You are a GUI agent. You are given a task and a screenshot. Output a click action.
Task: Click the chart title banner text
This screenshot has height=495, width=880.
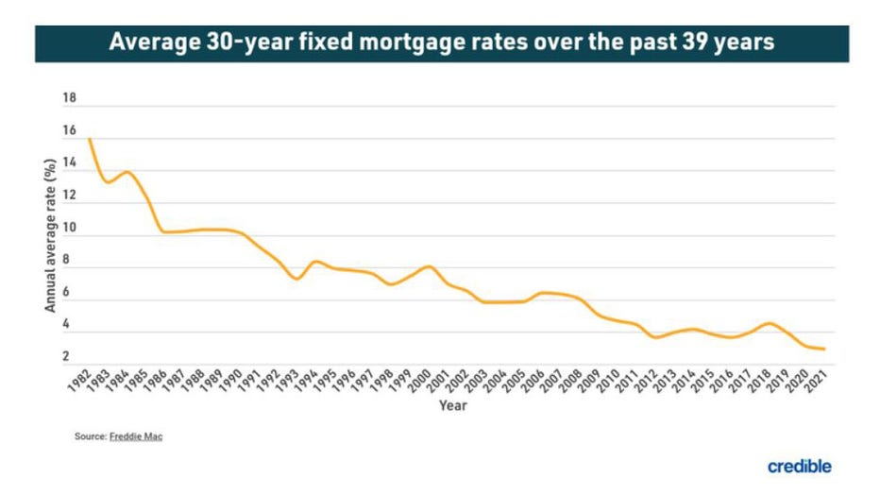(x=441, y=43)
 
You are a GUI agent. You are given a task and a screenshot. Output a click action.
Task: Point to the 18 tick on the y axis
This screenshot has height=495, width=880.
(x=69, y=98)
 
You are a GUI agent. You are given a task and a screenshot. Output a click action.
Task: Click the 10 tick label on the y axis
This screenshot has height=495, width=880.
(x=69, y=228)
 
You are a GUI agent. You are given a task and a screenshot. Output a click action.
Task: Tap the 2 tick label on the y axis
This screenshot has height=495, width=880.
(x=66, y=356)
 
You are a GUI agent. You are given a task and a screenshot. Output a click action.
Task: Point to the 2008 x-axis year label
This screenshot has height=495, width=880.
(x=570, y=377)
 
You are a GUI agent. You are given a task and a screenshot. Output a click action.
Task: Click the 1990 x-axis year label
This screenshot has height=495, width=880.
(x=231, y=377)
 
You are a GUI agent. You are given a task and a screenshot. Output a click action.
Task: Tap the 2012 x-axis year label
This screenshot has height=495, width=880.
(x=646, y=377)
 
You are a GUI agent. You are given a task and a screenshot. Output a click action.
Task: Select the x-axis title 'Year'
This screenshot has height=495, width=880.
(x=451, y=405)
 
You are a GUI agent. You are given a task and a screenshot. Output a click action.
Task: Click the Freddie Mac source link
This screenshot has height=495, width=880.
(x=137, y=436)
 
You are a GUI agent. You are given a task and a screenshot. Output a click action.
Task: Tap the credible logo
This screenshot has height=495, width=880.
(x=799, y=466)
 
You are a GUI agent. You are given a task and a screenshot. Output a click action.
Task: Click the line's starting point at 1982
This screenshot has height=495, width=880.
(x=90, y=140)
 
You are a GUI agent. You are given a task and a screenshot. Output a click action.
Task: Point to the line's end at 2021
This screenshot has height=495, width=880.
(x=824, y=349)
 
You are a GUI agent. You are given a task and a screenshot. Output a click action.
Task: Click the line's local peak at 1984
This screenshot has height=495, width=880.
(x=127, y=172)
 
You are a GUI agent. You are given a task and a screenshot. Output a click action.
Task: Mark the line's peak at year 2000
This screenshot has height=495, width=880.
(x=429, y=266)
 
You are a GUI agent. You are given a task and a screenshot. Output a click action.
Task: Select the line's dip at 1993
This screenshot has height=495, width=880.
(x=296, y=279)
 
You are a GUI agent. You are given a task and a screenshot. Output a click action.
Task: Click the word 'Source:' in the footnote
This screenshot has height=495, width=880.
(x=91, y=436)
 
